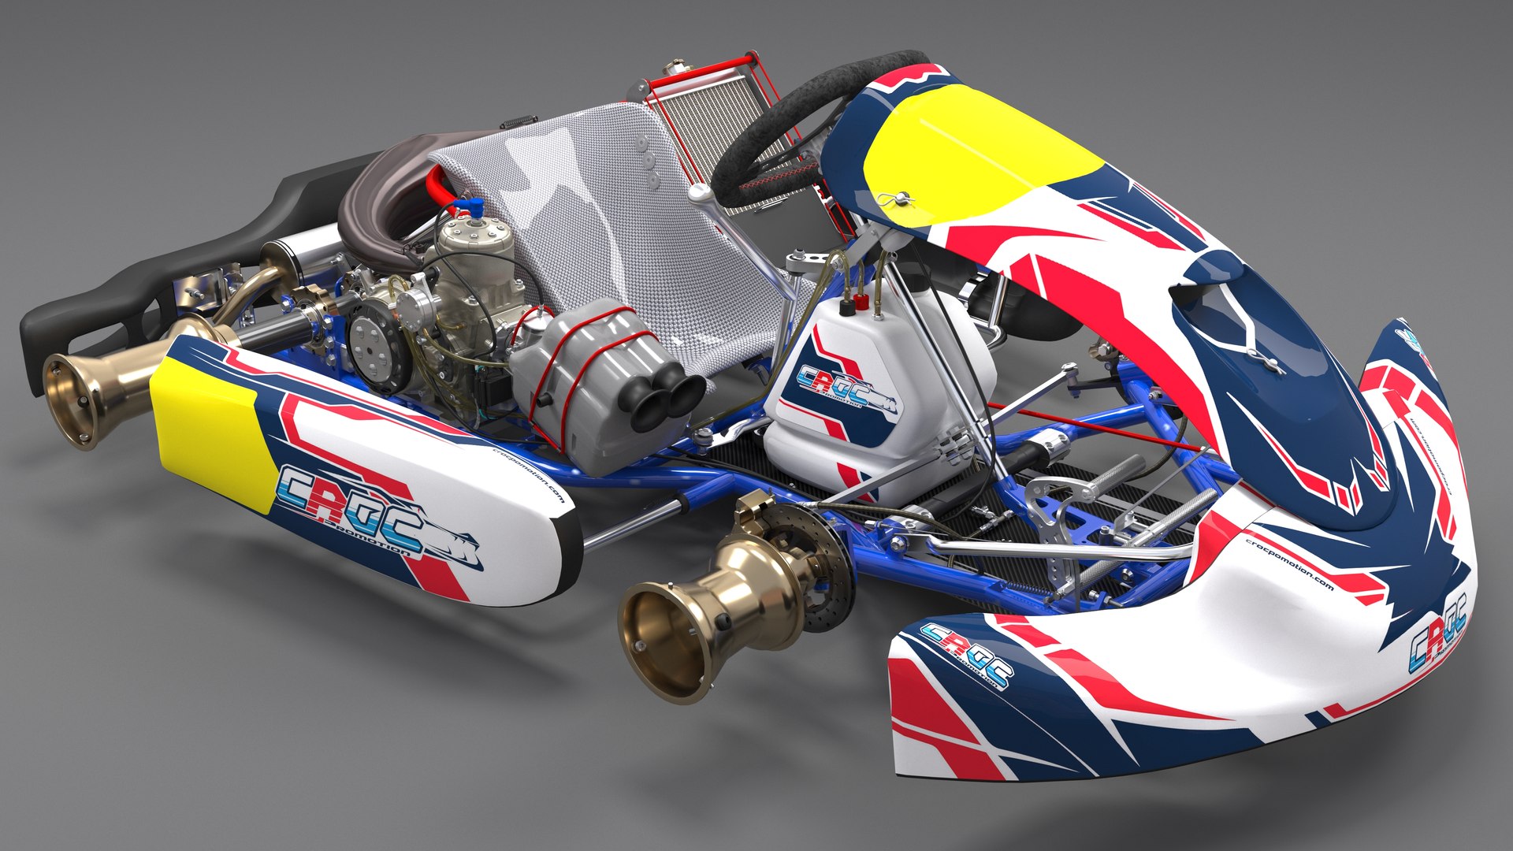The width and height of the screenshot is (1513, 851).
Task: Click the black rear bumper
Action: [118, 292]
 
